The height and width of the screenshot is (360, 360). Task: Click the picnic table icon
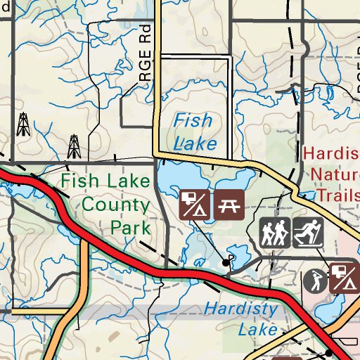pyautogui.click(x=229, y=202)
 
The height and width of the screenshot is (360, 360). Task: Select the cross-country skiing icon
pyautogui.click(x=307, y=233)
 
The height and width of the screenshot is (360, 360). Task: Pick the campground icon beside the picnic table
pyautogui.click(x=195, y=202)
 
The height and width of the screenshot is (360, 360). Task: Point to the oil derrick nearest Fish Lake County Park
pyautogui.click(x=74, y=146)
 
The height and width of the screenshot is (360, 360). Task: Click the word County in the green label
pyautogui.click(x=116, y=205)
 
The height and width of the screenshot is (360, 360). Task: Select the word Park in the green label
pyautogui.click(x=130, y=228)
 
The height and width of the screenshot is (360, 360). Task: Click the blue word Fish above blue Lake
pyautogui.click(x=193, y=121)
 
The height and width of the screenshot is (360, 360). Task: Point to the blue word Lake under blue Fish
pyautogui.click(x=195, y=143)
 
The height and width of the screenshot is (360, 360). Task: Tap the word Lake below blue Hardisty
pyautogui.click(x=253, y=328)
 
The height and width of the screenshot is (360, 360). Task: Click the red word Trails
pyautogui.click(x=338, y=193)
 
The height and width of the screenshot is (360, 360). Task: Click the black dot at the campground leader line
pyautogui.click(x=226, y=262)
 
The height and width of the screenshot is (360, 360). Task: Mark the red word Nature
pyautogui.click(x=335, y=173)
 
